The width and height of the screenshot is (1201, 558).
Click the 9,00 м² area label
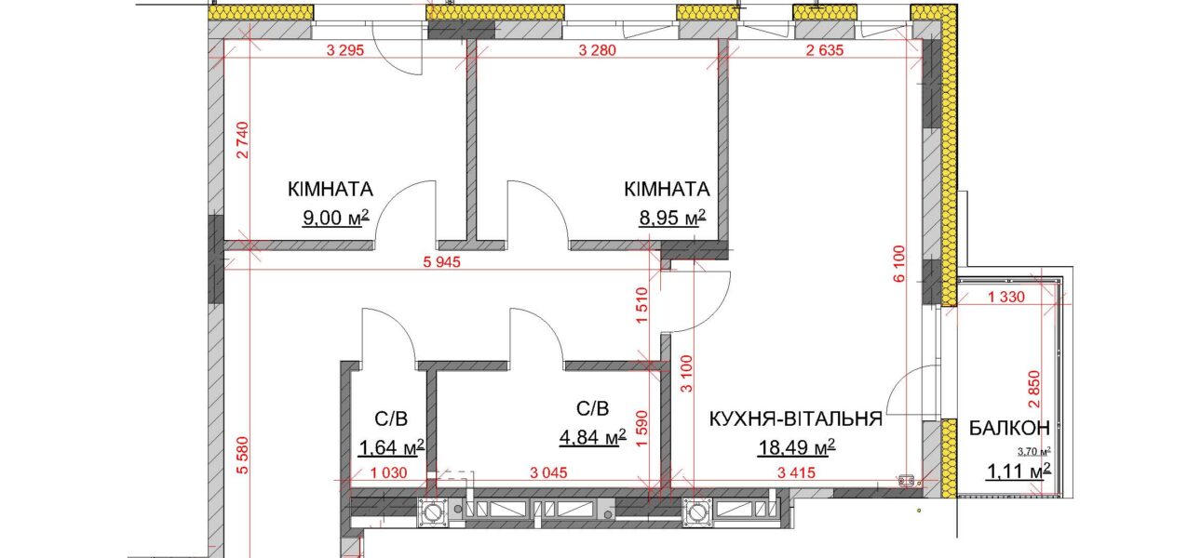point(336,218)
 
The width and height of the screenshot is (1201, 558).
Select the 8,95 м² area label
point(672,218)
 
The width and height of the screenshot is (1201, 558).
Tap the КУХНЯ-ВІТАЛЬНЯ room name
point(796,418)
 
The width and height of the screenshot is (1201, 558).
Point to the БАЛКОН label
point(1009,429)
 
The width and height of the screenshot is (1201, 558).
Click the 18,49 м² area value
point(796,447)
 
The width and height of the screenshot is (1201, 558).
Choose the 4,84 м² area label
point(592,437)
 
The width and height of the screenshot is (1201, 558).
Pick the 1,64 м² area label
point(391,447)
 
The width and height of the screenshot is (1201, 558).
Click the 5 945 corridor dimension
point(442,262)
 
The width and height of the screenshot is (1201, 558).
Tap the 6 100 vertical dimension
point(899,263)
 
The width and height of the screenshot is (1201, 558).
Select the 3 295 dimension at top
point(345,50)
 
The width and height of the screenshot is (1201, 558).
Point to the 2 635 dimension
point(825,50)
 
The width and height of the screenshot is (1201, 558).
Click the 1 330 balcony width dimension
point(1006,297)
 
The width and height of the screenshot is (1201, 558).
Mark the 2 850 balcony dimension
point(1034,390)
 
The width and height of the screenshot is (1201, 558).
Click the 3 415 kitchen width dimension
point(796,472)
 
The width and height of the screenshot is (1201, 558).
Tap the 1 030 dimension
point(389,472)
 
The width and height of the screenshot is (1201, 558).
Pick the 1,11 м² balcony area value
point(1019,472)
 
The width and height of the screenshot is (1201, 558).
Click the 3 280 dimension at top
point(598,50)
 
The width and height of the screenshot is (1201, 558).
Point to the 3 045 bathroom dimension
point(548,472)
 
